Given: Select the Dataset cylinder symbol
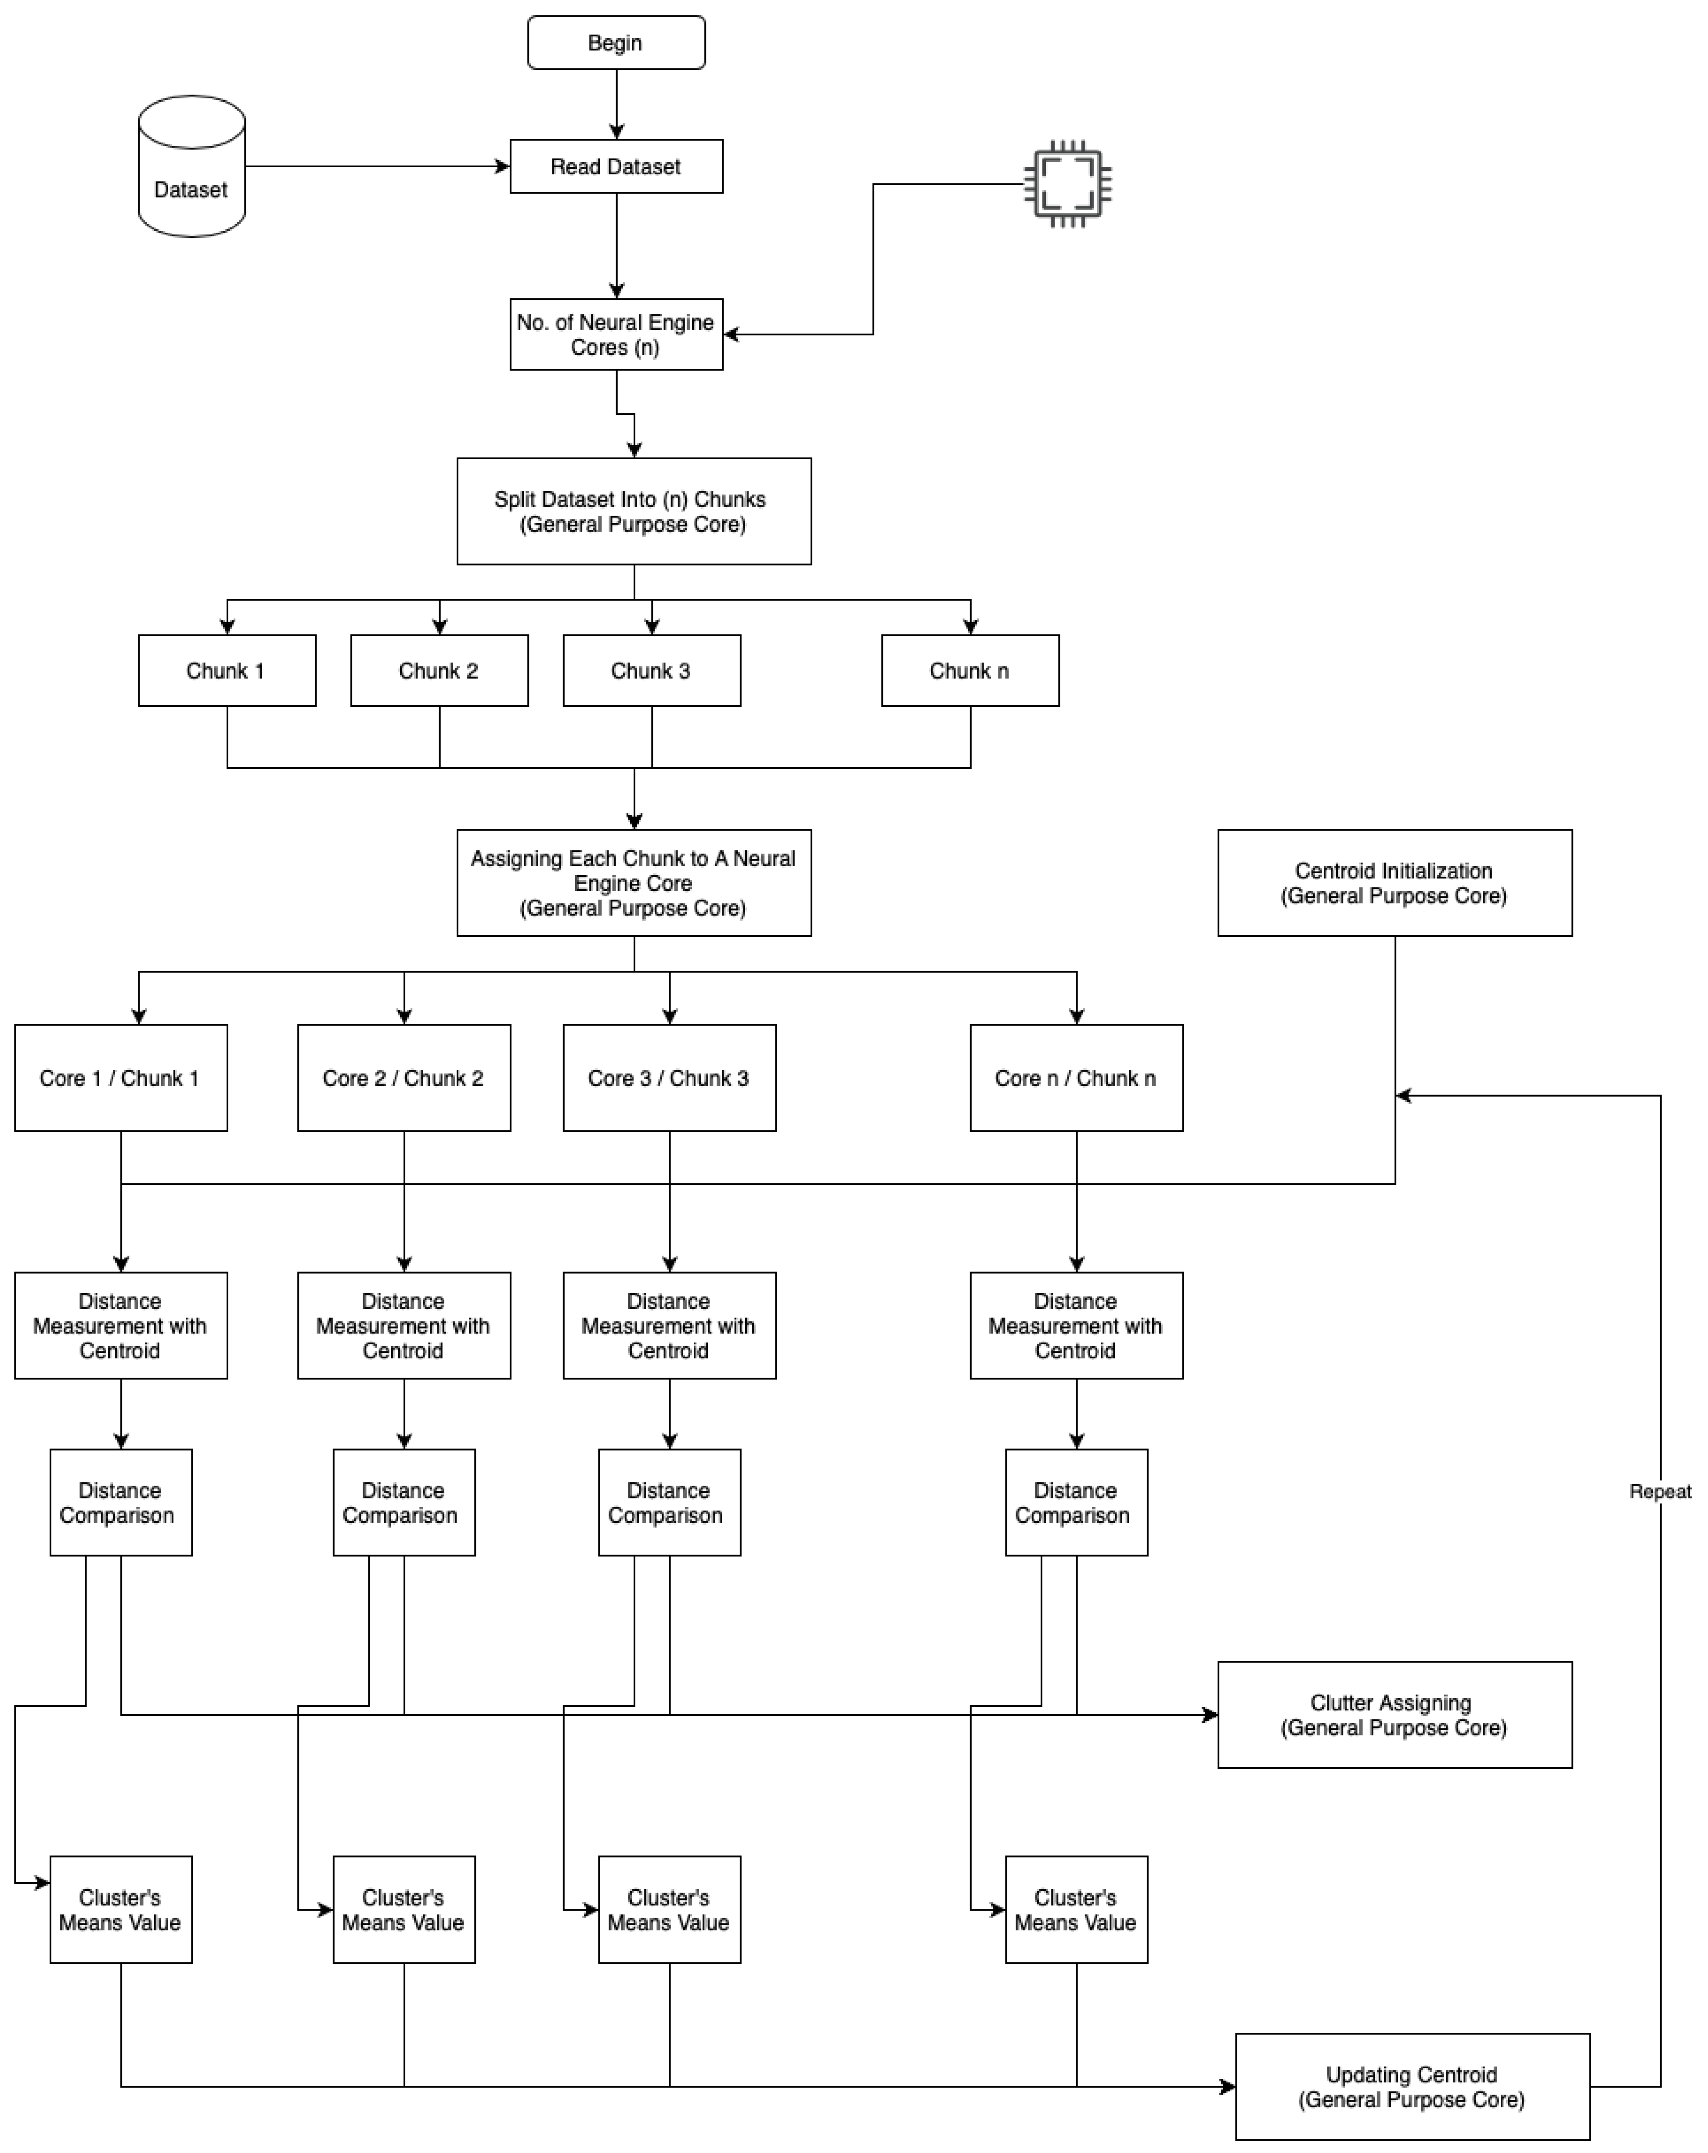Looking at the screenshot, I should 192,167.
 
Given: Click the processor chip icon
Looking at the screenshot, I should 1068,184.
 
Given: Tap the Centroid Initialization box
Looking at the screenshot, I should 1395,883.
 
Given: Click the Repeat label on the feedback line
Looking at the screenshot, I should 1659,1491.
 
